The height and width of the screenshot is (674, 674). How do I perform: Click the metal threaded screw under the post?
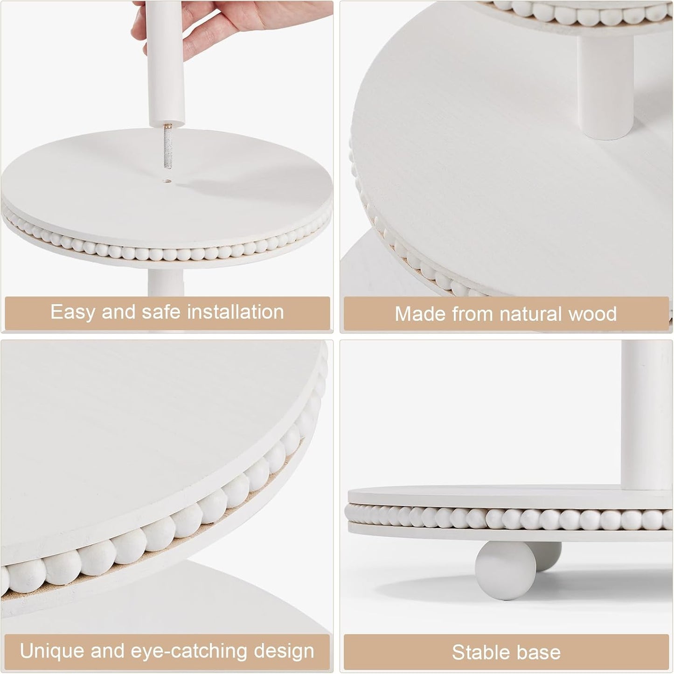click(167, 146)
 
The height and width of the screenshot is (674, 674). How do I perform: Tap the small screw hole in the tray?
click(167, 181)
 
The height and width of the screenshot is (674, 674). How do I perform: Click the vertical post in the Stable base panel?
click(647, 416)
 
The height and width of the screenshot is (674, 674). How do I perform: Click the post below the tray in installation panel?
click(166, 283)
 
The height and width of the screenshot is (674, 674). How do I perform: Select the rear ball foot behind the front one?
click(546, 556)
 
